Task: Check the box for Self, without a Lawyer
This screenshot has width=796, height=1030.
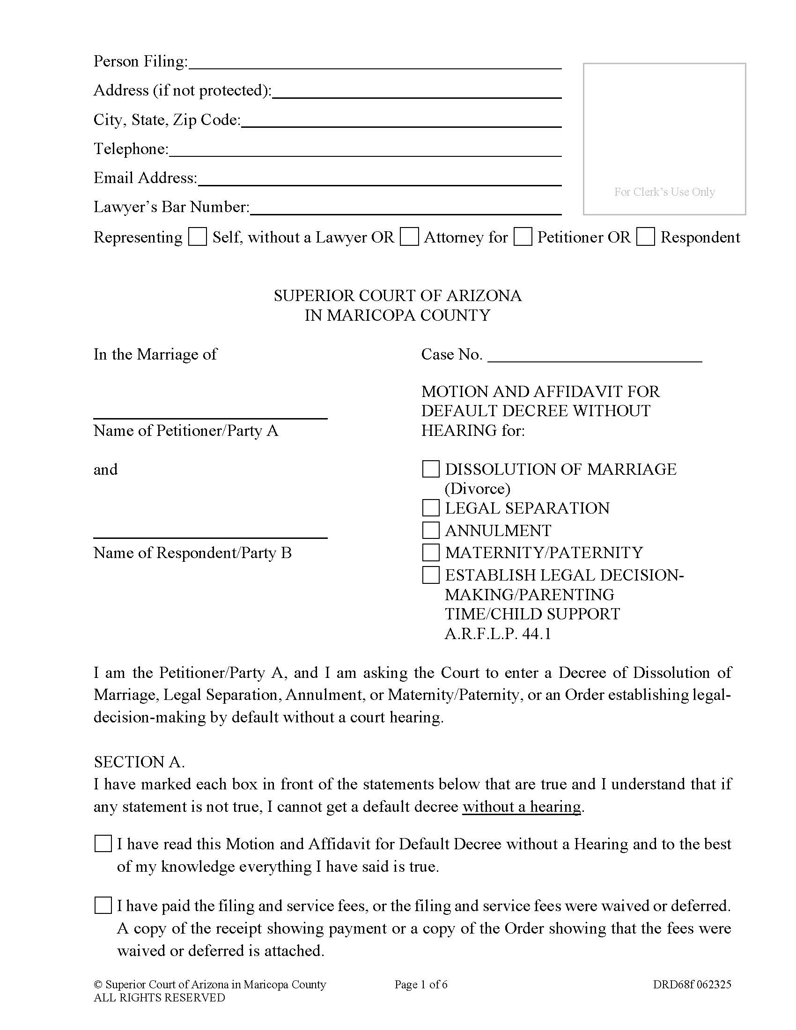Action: click(x=197, y=237)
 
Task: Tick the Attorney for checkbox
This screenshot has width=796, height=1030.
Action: click(x=409, y=237)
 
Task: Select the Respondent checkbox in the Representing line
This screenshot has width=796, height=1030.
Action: click(x=645, y=237)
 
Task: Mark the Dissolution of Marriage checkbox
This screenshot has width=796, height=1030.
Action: click(x=430, y=469)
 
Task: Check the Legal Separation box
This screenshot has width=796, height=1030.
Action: click(x=430, y=508)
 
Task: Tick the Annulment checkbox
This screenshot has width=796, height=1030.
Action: click(x=430, y=530)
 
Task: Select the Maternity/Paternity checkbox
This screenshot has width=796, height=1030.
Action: click(x=430, y=552)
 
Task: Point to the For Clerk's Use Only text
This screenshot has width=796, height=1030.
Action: click(x=664, y=192)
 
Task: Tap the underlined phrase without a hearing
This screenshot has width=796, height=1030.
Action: click(x=521, y=807)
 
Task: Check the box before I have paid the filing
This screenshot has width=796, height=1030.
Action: click(x=103, y=905)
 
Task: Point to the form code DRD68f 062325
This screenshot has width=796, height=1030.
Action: click(x=692, y=984)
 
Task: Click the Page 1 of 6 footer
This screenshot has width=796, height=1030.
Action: click(x=420, y=984)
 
